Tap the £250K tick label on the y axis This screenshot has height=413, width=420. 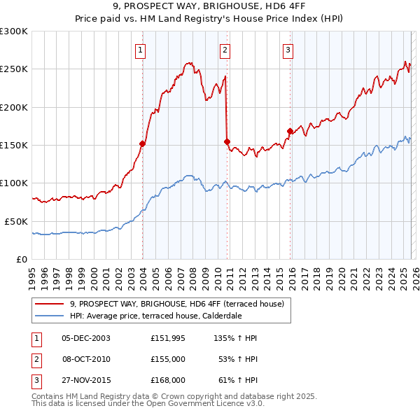click(13, 69)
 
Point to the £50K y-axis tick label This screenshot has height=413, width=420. click(16, 221)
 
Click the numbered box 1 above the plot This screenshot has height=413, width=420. click(141, 50)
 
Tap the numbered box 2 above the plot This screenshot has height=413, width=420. click(225, 50)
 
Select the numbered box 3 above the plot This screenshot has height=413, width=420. click(288, 50)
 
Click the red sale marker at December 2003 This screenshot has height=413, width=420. click(142, 143)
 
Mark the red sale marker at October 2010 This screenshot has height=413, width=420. click(227, 141)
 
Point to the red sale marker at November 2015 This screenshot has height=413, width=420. click(290, 131)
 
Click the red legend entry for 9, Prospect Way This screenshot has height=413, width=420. click(176, 304)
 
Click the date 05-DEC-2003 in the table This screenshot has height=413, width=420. click(85, 338)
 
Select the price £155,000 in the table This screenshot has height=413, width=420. click(167, 359)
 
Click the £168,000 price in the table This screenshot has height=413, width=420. click(167, 380)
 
